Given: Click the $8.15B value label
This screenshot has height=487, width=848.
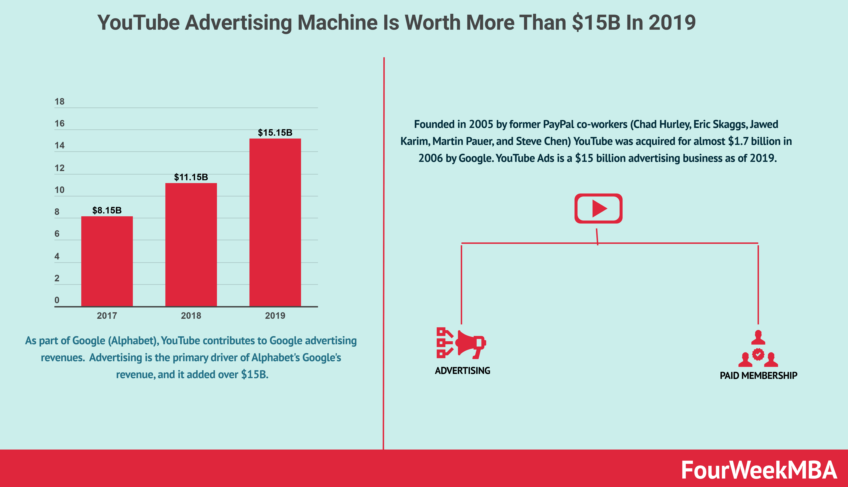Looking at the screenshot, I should click(107, 210).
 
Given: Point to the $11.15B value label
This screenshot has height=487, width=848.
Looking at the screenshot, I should click(191, 177).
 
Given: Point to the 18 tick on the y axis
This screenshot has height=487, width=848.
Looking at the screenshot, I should click(60, 102).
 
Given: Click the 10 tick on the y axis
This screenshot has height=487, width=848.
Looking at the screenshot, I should click(60, 190).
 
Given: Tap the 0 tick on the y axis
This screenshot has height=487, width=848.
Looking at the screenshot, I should click(57, 300).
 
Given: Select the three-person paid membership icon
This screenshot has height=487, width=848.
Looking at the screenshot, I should click(758, 349).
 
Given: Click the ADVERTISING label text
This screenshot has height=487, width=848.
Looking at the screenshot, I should click(463, 371).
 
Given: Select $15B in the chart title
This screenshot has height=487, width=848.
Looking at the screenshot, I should click(596, 23).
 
